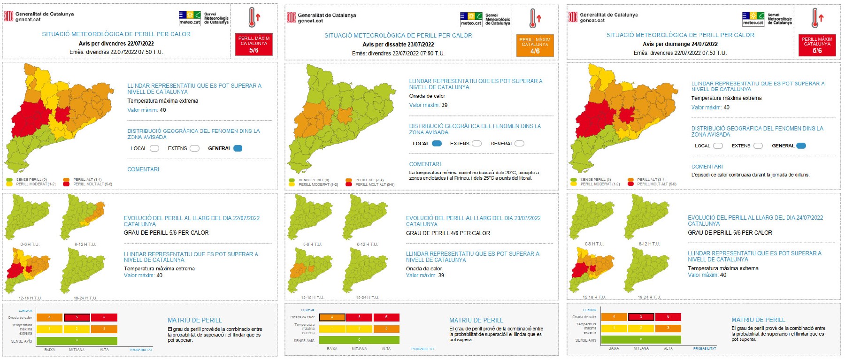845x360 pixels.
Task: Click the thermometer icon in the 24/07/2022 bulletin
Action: pos(817,18)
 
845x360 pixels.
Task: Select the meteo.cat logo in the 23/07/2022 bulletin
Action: pos(471,19)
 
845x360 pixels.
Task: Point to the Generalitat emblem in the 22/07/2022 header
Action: pos(8,16)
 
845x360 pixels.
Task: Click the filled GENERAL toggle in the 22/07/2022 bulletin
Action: pos(238,148)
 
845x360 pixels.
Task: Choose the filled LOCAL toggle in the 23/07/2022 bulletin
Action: pos(437,144)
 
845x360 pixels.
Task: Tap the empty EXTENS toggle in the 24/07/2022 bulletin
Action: pos(758,146)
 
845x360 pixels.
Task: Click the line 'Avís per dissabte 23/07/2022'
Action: pos(398,45)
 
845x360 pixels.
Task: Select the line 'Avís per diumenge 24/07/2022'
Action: pos(680,44)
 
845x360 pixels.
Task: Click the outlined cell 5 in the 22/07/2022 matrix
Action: pos(77,318)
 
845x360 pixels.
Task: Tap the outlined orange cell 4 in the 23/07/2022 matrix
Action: pos(332,317)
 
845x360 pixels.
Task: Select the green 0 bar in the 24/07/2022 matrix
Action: pos(641,339)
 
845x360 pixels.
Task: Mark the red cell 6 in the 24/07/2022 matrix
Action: pos(668,317)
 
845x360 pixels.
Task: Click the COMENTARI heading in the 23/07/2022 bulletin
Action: pos(425,164)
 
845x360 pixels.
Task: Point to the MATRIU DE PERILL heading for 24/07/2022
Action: pos(758,320)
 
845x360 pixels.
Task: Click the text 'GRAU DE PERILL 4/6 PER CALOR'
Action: pos(448,233)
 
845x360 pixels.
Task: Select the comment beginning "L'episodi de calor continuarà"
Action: pos(750,175)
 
